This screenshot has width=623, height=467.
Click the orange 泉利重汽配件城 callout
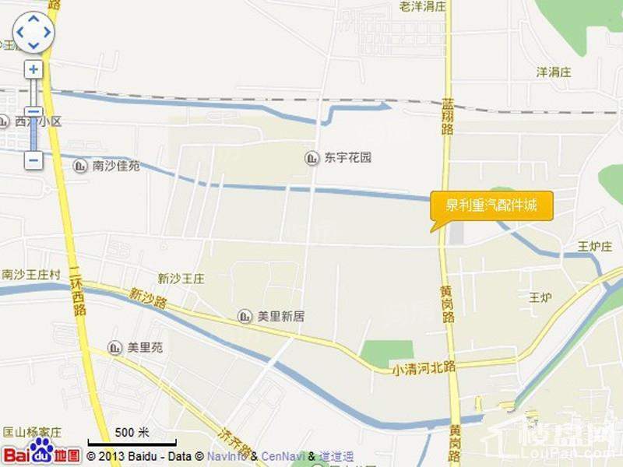pos(491,206)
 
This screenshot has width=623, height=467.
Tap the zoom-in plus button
pos(33,69)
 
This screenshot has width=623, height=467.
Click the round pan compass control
pos(33,33)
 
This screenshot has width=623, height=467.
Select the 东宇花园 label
pos(348,158)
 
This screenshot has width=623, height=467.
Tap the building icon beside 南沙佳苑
pos(80,165)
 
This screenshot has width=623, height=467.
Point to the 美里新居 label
pos(280,316)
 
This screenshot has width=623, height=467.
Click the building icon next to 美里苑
pos(115,348)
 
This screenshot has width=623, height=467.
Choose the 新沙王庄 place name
pos(181,279)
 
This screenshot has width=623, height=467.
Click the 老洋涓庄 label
pos(422,6)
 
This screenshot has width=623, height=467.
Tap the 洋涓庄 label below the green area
pos(554,72)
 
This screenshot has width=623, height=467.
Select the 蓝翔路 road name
pos(447,116)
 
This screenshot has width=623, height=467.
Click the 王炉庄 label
pos(594,247)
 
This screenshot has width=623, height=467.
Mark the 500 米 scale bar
pos(132,436)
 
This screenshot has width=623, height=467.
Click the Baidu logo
pos(41,453)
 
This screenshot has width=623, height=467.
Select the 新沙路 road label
pos(148,298)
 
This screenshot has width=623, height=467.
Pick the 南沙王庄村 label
pos(31,275)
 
